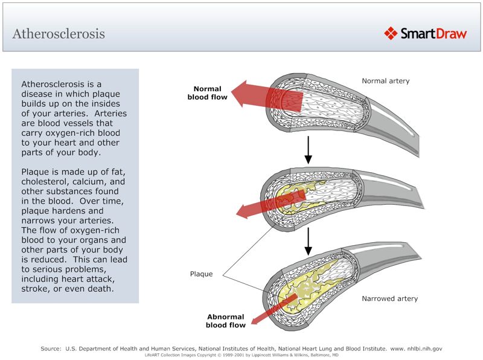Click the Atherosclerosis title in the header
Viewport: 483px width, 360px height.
(59, 33)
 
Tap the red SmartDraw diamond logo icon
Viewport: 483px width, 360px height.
(391, 33)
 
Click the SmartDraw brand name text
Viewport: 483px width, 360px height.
(433, 33)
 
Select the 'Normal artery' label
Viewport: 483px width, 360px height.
(385, 81)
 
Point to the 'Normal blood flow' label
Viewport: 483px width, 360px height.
(207, 92)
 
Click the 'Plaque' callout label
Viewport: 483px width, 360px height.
(201, 274)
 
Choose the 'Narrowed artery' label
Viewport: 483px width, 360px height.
(389, 298)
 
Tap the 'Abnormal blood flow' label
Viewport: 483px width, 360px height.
(225, 321)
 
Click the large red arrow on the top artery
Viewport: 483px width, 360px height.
(266, 95)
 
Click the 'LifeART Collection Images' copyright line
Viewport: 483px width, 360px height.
(241, 355)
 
